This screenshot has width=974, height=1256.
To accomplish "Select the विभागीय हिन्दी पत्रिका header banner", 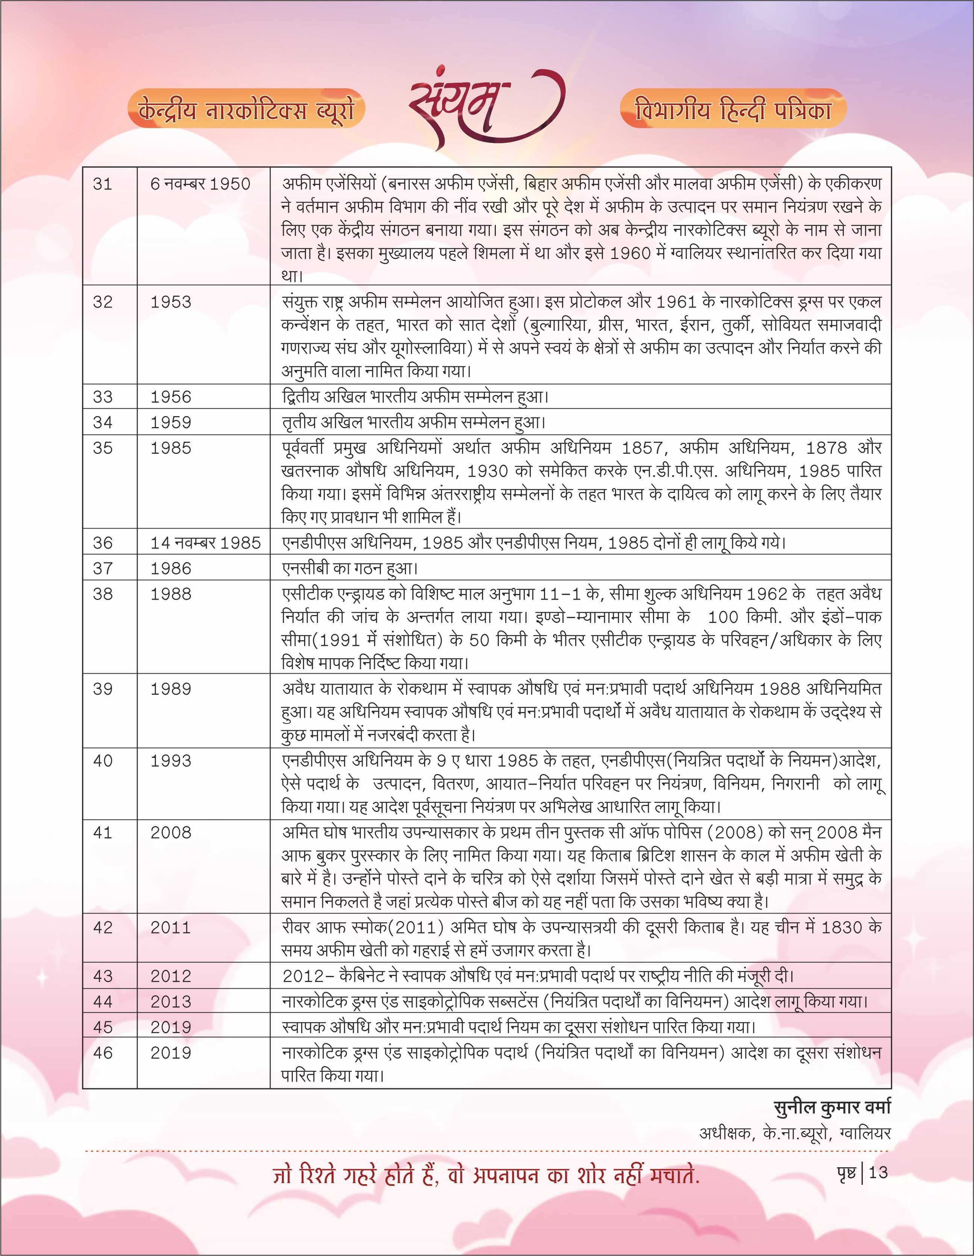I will pos(733,108).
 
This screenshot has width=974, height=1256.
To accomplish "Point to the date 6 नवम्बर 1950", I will pos(200,184).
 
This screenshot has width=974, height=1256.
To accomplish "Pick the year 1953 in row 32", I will pos(171,302).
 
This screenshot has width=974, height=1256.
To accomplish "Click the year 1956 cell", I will pos(171,397).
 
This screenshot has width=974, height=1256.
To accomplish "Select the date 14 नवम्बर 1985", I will pos(205,543).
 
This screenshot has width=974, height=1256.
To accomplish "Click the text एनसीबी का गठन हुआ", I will pos(349,568).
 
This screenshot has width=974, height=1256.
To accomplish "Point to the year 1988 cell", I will pos(171,594).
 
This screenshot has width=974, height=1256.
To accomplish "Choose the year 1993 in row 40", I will pos(171,761).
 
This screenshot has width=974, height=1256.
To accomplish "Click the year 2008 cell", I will pos(171,833).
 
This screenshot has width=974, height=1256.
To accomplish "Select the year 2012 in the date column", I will pos(171,976).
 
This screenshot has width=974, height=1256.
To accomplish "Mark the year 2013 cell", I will pos(171,1001).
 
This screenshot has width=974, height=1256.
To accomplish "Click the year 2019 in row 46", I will pos(171,1052).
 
